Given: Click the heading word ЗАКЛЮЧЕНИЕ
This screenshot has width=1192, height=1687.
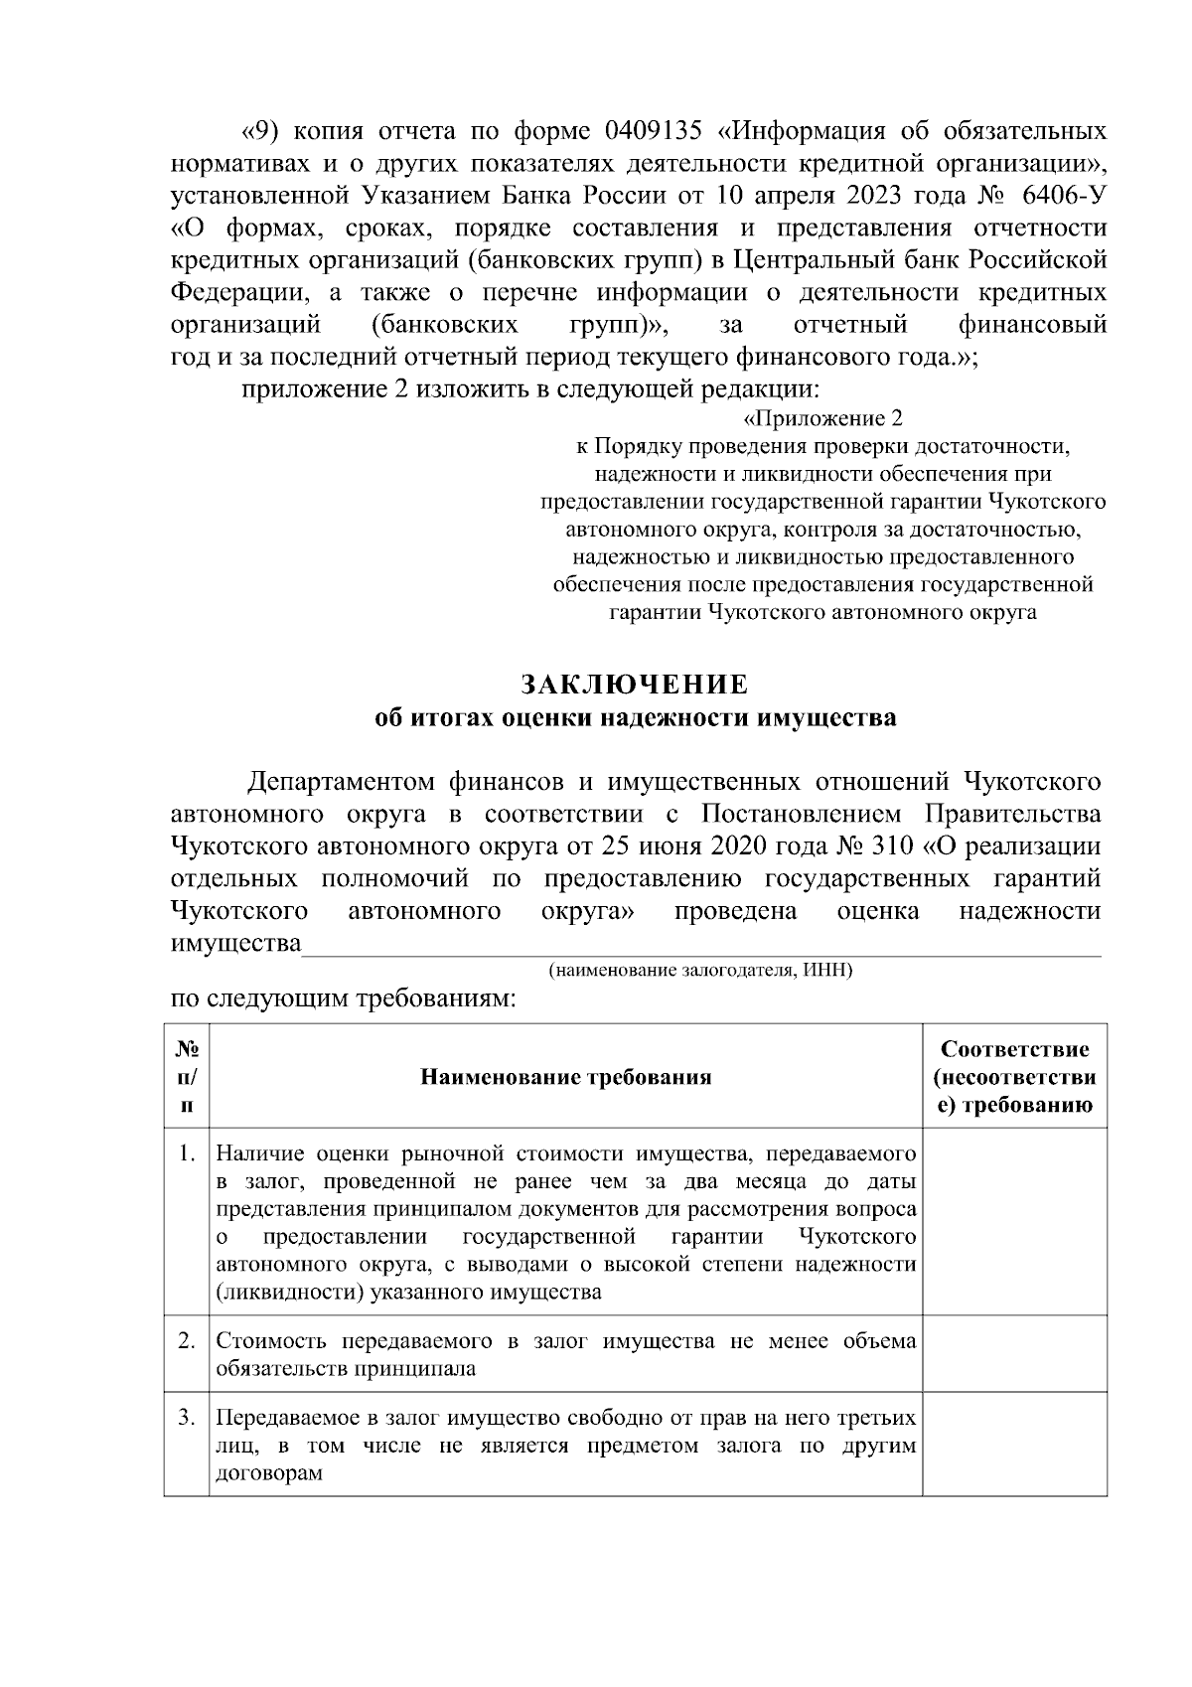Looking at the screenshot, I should tap(634, 685).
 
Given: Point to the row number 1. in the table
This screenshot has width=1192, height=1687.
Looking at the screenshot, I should tap(185, 1153).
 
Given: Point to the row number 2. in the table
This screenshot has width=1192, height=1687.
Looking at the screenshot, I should tap(185, 1340).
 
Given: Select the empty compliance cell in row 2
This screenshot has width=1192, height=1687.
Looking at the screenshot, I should tap(1014, 1353).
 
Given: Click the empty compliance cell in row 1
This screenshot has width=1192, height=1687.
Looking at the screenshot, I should tap(1014, 1222).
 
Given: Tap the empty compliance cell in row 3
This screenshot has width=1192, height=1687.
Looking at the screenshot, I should tap(1014, 1444).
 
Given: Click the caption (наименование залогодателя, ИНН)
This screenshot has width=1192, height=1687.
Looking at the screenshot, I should tap(700, 970).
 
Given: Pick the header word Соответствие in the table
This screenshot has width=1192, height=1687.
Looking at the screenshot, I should tap(1014, 1050).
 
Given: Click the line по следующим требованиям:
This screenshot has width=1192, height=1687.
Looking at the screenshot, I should tap(344, 998).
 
